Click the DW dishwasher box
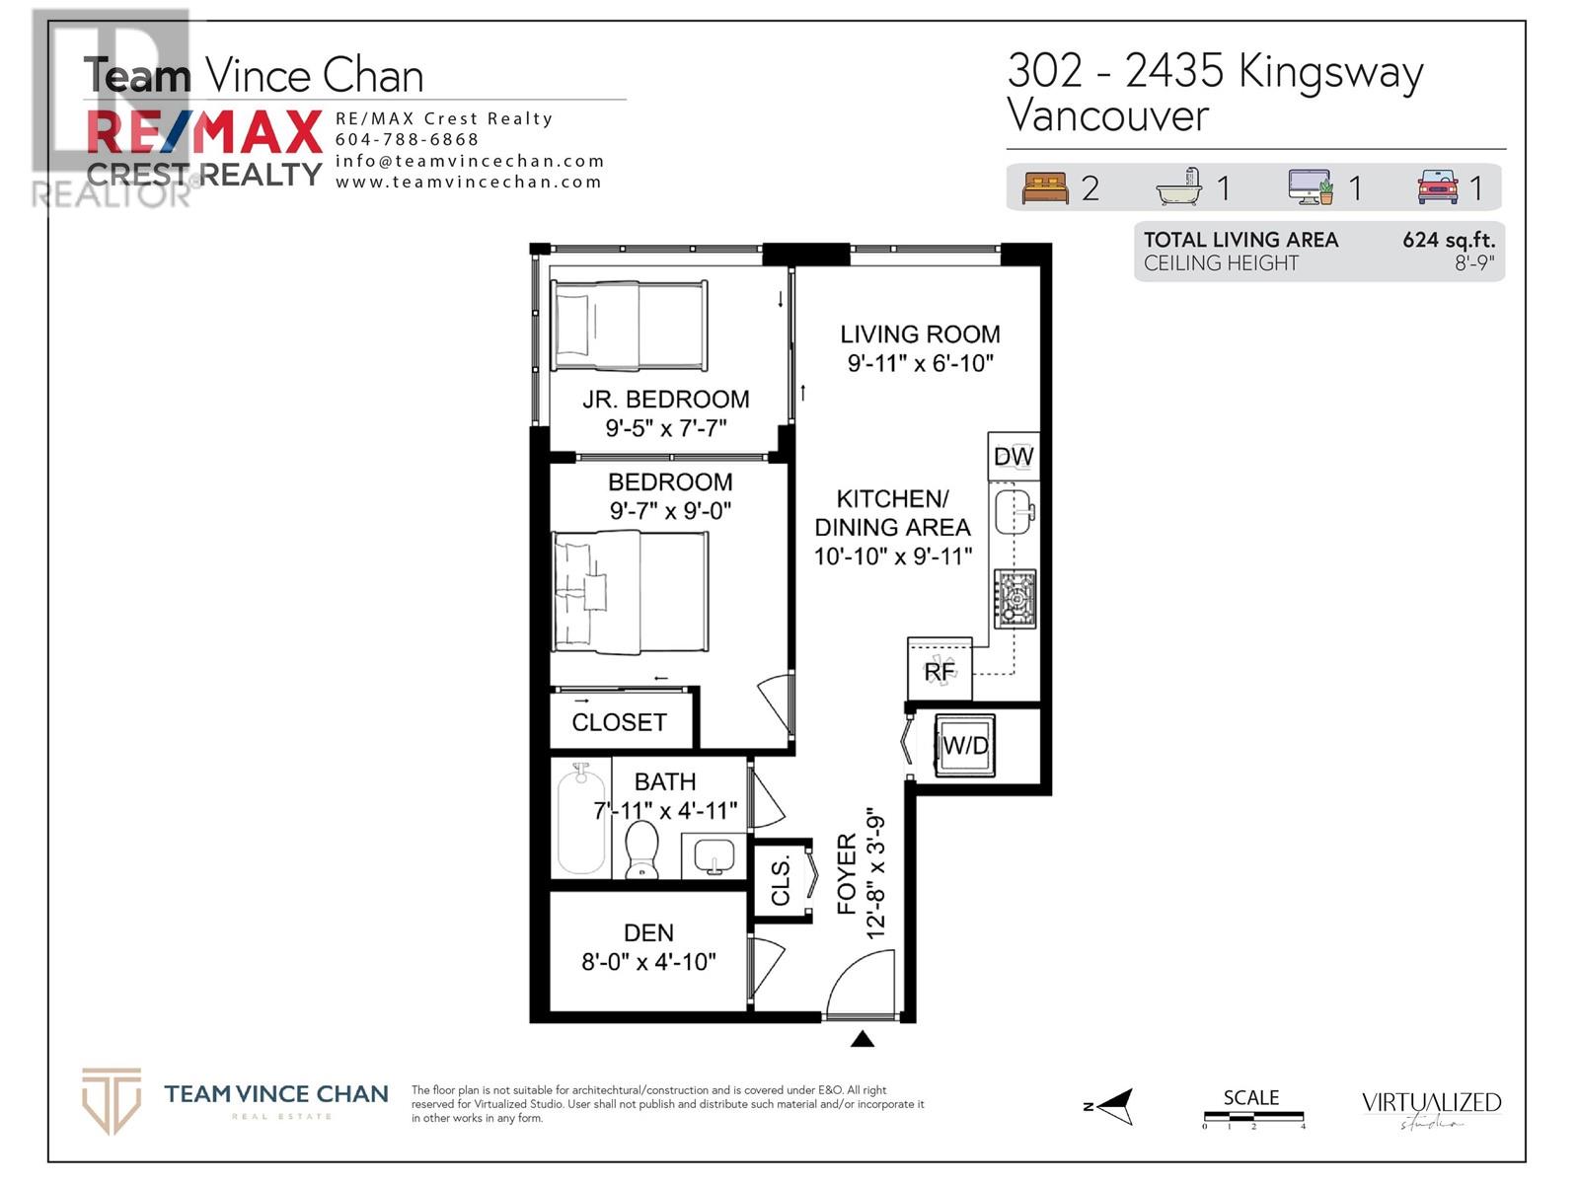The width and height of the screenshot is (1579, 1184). pos(1014,457)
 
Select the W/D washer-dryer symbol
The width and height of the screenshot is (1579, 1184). pos(965,745)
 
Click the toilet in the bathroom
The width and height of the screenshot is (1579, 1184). pos(642,850)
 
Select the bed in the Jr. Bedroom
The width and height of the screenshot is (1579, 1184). pos(629,326)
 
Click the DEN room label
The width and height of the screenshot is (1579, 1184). pos(648,932)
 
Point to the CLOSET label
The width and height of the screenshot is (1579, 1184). pos(619,722)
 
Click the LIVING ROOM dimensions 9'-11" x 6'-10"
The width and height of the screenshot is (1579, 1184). pos(920,363)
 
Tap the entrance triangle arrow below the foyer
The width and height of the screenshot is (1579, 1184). pos(863,1038)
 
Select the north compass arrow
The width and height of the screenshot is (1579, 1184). pos(1112,1106)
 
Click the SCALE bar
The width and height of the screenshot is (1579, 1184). pos(1252,1116)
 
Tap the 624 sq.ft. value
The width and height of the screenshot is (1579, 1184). pos(1448,240)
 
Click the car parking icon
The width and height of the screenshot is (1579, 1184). pos(1437,186)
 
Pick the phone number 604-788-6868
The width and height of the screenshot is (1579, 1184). pos(407,140)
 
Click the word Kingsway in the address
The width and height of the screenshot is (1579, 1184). pos(1330,72)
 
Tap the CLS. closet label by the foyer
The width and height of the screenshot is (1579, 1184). pos(781,880)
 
